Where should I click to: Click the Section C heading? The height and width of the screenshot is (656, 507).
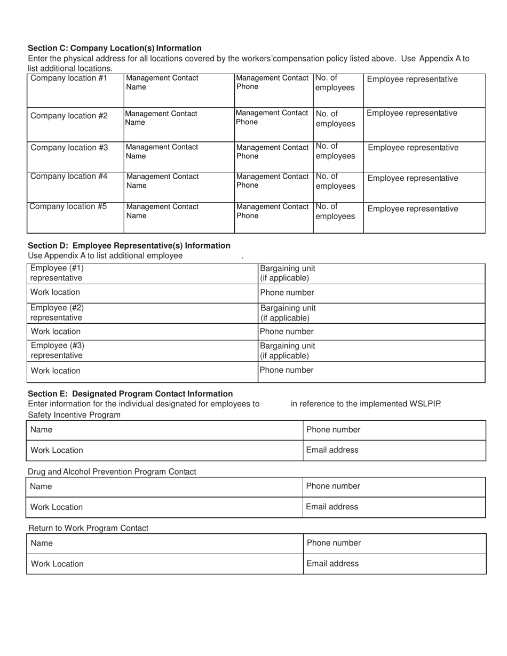point(114,48)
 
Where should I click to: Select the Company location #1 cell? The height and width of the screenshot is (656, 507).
point(69,78)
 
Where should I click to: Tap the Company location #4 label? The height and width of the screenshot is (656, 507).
point(69,177)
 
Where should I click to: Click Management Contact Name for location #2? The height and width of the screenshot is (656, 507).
point(161,118)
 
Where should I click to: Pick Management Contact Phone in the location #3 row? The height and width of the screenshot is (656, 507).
point(272,151)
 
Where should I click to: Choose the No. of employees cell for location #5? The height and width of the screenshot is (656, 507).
point(335,211)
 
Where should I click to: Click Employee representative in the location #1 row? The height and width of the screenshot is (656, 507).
point(412,79)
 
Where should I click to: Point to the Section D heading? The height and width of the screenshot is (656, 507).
point(129,245)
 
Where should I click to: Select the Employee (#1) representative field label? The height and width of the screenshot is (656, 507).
point(57,273)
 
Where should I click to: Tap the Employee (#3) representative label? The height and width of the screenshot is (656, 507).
point(57,350)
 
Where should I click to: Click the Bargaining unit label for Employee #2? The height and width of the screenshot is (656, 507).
point(288,313)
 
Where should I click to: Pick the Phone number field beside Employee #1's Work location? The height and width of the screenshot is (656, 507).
point(287,293)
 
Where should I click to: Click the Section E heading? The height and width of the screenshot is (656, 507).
point(130,394)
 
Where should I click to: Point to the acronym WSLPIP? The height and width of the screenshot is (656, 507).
point(425,404)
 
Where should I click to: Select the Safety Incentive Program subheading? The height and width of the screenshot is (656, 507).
point(74,415)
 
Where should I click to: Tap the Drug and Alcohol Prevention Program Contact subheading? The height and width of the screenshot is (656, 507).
point(112,471)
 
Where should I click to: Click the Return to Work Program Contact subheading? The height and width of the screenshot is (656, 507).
point(88,528)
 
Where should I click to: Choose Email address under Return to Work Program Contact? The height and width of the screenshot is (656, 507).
point(332,564)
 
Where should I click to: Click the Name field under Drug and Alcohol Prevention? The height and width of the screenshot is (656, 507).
point(41,486)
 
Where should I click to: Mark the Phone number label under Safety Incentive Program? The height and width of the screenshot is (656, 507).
point(333,430)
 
